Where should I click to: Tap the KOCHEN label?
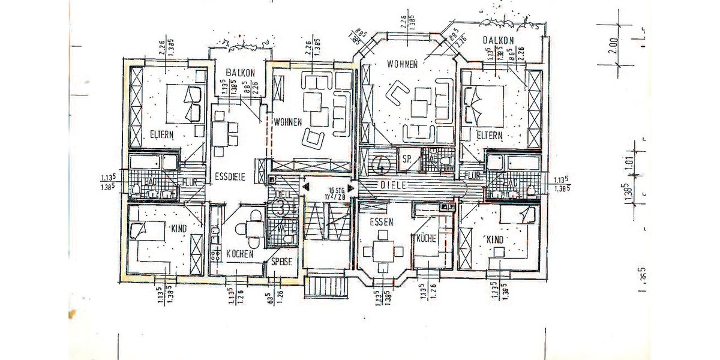pyautogui.click(x=239, y=254)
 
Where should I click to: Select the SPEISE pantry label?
pyautogui.click(x=281, y=262)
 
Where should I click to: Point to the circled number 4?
pyautogui.click(x=380, y=163)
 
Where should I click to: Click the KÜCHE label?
pyautogui.click(x=430, y=238)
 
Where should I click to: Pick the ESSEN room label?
pyautogui.click(x=381, y=221)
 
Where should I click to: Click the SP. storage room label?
pyautogui.click(x=407, y=160)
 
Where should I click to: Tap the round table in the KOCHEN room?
pyautogui.click(x=247, y=228)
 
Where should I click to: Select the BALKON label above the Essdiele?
pyautogui.click(x=237, y=73)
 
